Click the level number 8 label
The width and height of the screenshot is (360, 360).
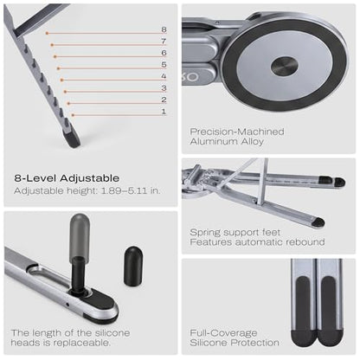tap(164, 29)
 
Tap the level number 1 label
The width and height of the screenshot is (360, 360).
tap(164, 112)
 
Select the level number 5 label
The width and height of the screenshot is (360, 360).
tap(164, 64)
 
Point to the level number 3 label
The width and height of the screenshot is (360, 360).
tap(164, 88)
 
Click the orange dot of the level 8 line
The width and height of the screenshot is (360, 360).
tap(47, 33)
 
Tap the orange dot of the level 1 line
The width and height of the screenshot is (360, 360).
tap(73, 115)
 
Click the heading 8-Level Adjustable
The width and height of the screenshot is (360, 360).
tap(67, 178)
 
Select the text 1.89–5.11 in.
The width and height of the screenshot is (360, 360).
tap(131, 190)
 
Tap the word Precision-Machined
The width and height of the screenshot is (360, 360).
tap(237, 132)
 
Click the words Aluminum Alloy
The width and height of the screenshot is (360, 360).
tap(227, 141)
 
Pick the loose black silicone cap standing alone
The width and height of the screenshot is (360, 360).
tap(133, 266)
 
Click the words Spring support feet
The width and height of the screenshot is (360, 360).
tap(235, 232)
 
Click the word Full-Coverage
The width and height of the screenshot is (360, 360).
tap(223, 333)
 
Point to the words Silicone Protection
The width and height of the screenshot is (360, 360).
tap(235, 343)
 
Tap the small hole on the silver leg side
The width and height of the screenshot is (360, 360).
tap(67, 304)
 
